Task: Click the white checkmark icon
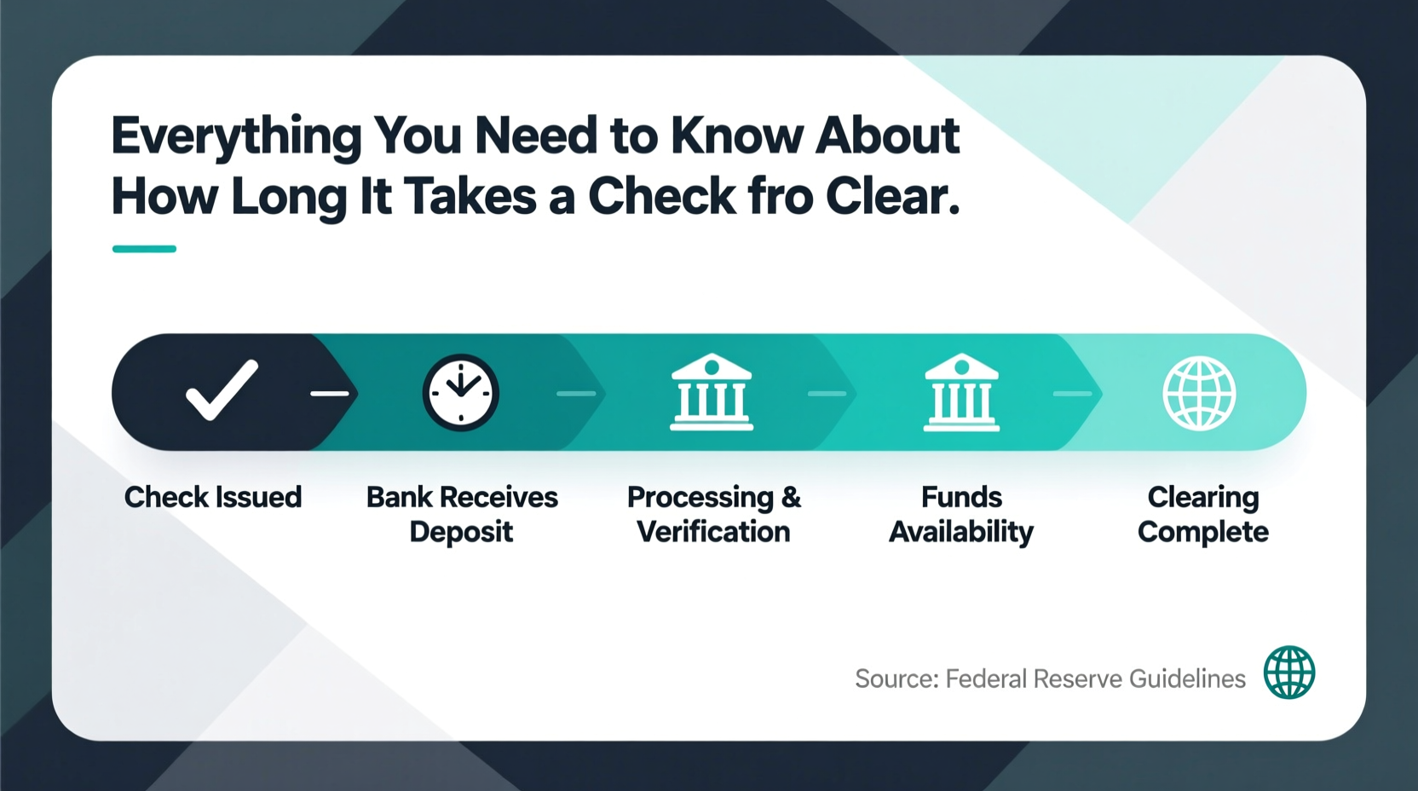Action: pos(222,391)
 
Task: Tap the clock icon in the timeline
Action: pos(461,392)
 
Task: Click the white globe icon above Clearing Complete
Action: pos(1199,393)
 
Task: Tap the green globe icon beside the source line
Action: pos(1288,673)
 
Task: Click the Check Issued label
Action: pos(213,497)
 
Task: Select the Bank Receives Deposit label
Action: pos(462,514)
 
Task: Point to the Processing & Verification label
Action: pos(714,514)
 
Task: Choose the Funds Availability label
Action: pos(961,514)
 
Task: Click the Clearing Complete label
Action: pos(1202,514)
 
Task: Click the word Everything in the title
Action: pos(236,137)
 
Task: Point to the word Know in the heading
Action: pos(737,136)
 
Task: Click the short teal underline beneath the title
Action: pos(144,249)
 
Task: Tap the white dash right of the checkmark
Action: pos(330,393)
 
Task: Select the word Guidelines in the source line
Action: pos(1187,678)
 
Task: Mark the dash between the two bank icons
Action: pos(827,393)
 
